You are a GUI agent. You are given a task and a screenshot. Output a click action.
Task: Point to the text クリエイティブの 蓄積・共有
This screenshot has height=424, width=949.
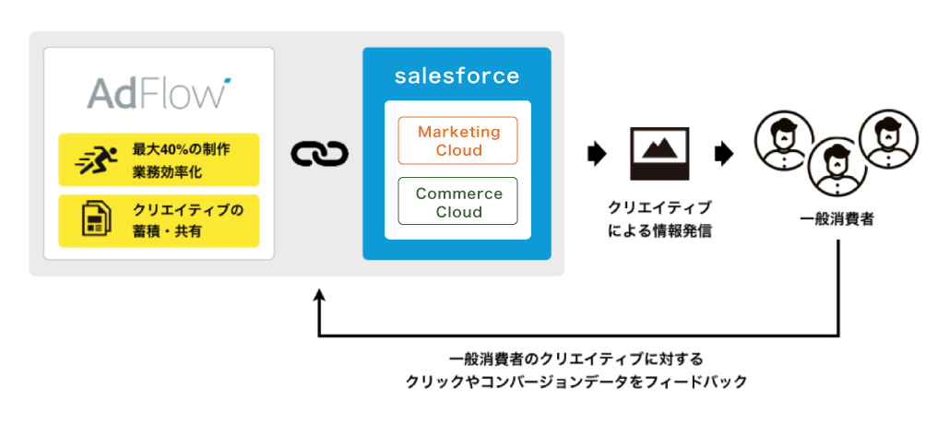[187, 220]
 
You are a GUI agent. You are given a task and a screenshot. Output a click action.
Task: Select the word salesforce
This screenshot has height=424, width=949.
[457, 76]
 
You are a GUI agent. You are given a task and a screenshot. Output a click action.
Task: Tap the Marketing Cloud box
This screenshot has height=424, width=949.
[457, 141]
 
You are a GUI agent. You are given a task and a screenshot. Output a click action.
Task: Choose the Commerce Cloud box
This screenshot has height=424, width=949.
[457, 202]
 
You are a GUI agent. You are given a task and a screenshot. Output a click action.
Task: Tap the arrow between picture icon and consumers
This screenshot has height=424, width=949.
[724, 153]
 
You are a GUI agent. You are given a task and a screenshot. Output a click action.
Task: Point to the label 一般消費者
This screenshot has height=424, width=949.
[836, 219]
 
